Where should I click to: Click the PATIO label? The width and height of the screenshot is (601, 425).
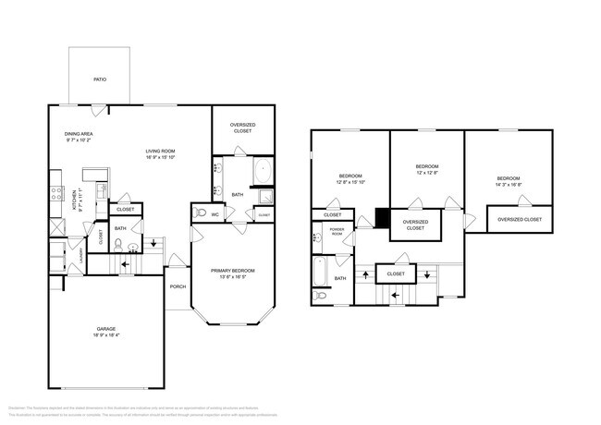(99, 79)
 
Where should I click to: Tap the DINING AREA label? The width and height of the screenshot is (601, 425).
(79, 134)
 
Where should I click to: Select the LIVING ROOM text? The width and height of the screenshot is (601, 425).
(160, 151)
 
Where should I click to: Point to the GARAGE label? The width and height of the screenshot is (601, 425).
(106, 329)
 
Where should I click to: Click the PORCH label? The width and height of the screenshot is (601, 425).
(178, 286)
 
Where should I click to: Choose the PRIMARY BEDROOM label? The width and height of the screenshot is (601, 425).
(232, 270)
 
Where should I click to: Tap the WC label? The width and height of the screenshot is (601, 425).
(215, 214)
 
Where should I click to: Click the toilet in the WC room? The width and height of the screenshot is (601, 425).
(200, 213)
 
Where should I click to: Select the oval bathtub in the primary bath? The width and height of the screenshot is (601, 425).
(263, 171)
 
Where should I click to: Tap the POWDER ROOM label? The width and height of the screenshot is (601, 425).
(337, 232)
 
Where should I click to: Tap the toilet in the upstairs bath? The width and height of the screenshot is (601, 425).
(320, 296)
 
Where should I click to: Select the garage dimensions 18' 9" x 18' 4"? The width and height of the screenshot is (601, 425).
(106, 336)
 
